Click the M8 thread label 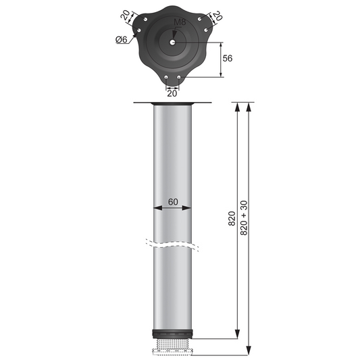point(179,22)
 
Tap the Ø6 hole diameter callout point(122,39)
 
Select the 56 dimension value point(227,59)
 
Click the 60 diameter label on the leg point(173,201)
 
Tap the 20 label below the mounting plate point(173,94)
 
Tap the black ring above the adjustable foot point(172,334)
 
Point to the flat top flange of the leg point(173,103)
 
